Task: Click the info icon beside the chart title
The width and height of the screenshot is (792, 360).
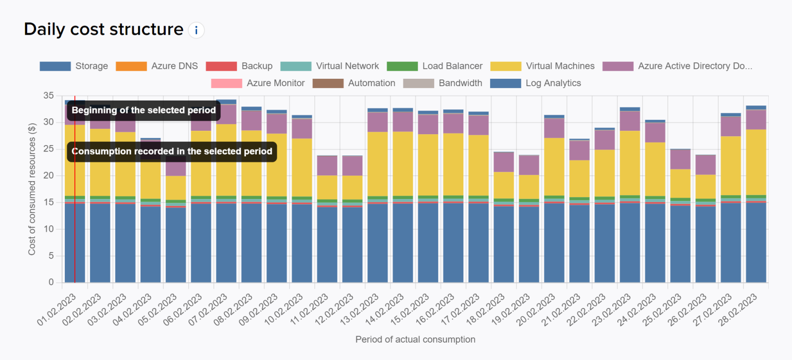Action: point(196,30)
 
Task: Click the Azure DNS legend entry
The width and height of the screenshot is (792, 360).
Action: point(157,66)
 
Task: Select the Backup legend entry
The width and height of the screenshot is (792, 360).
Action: point(240,66)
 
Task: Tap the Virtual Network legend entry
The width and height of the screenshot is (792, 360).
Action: point(330,66)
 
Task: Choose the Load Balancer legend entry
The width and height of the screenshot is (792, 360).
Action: point(435,66)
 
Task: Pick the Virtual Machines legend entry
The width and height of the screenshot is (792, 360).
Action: point(543,66)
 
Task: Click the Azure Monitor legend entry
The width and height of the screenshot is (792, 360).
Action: point(258,83)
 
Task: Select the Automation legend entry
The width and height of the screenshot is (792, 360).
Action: point(354,83)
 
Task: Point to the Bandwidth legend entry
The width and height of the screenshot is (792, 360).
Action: point(443,83)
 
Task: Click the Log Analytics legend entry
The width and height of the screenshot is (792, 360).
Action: point(536,83)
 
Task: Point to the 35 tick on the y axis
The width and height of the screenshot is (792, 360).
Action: point(49,96)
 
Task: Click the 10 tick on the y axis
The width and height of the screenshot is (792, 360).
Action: point(49,229)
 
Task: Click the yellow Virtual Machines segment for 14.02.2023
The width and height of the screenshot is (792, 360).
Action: point(402,163)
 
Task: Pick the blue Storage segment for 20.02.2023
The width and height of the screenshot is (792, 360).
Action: point(554,243)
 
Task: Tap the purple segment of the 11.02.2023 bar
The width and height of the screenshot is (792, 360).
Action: point(327,165)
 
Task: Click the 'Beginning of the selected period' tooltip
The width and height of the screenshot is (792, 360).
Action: point(144,110)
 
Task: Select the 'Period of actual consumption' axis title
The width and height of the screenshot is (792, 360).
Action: point(415,340)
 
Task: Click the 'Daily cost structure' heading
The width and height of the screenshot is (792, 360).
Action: point(103,29)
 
